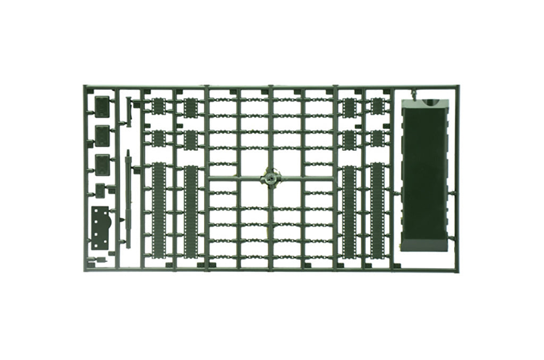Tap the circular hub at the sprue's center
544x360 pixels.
coord(271,177)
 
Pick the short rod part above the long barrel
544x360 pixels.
coord(129,112)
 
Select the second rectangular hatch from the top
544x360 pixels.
coord(102,135)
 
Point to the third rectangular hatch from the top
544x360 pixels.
coord(102,164)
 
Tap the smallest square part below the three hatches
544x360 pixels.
coord(100,189)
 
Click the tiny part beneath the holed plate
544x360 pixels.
coord(99,260)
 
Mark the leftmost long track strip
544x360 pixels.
coord(159,210)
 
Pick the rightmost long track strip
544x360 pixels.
coord(377,210)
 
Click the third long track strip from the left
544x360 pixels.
coord(348,210)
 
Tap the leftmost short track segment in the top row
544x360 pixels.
coord(158,106)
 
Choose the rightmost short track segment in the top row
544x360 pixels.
coord(377,106)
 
